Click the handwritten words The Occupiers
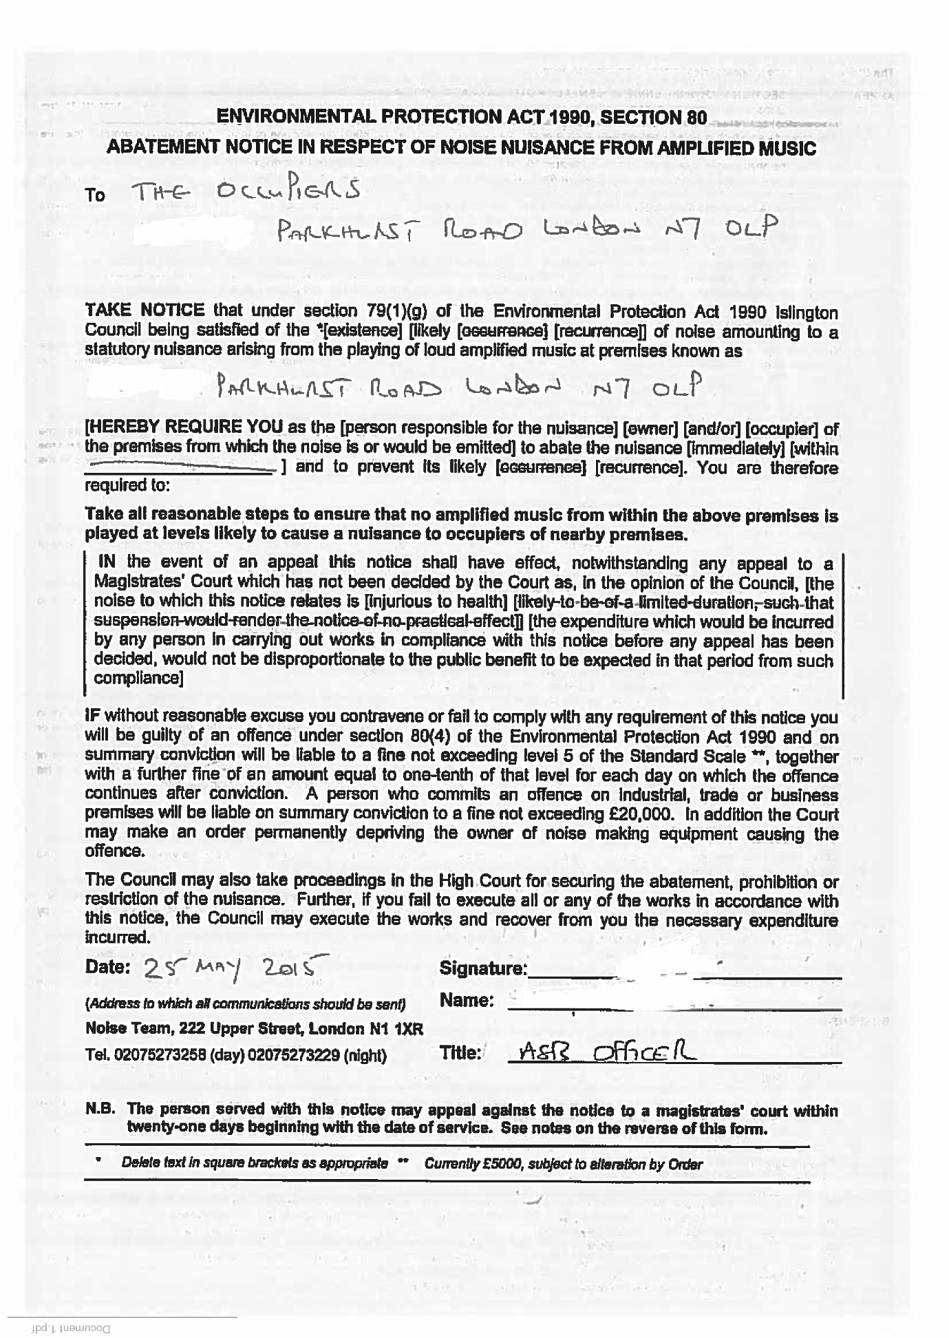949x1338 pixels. (246, 193)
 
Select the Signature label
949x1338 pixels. (483, 969)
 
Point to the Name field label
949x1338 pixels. (466, 1000)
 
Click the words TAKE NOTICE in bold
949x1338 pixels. (145, 311)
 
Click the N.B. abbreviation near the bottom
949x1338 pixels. (100, 1109)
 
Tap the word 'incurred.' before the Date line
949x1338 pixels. (118, 937)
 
